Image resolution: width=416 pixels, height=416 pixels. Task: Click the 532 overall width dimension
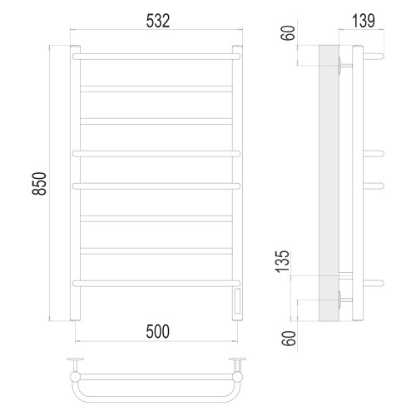(x=158, y=21)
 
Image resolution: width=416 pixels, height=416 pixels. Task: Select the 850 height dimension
(x=39, y=184)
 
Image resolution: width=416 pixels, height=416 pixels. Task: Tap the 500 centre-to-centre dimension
(x=157, y=331)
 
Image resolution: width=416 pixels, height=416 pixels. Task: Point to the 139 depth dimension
(x=364, y=21)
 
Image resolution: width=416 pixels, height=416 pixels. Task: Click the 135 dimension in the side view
(x=282, y=261)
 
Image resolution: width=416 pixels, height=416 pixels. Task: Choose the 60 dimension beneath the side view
(x=289, y=339)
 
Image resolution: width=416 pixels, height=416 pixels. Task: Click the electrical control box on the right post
(x=237, y=301)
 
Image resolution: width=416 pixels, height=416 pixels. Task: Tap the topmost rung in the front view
(x=156, y=57)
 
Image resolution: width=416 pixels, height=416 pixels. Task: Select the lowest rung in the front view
(x=156, y=284)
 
